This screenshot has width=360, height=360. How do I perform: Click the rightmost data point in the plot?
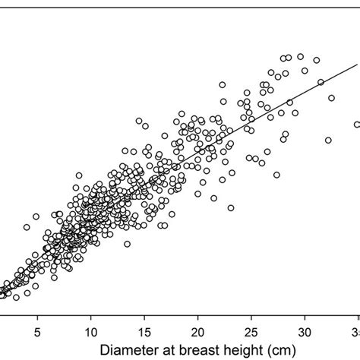coord(357,125)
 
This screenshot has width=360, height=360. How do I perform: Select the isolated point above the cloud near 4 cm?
coord(27,226)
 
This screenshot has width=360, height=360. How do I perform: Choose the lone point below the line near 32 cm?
coord(328,141)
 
